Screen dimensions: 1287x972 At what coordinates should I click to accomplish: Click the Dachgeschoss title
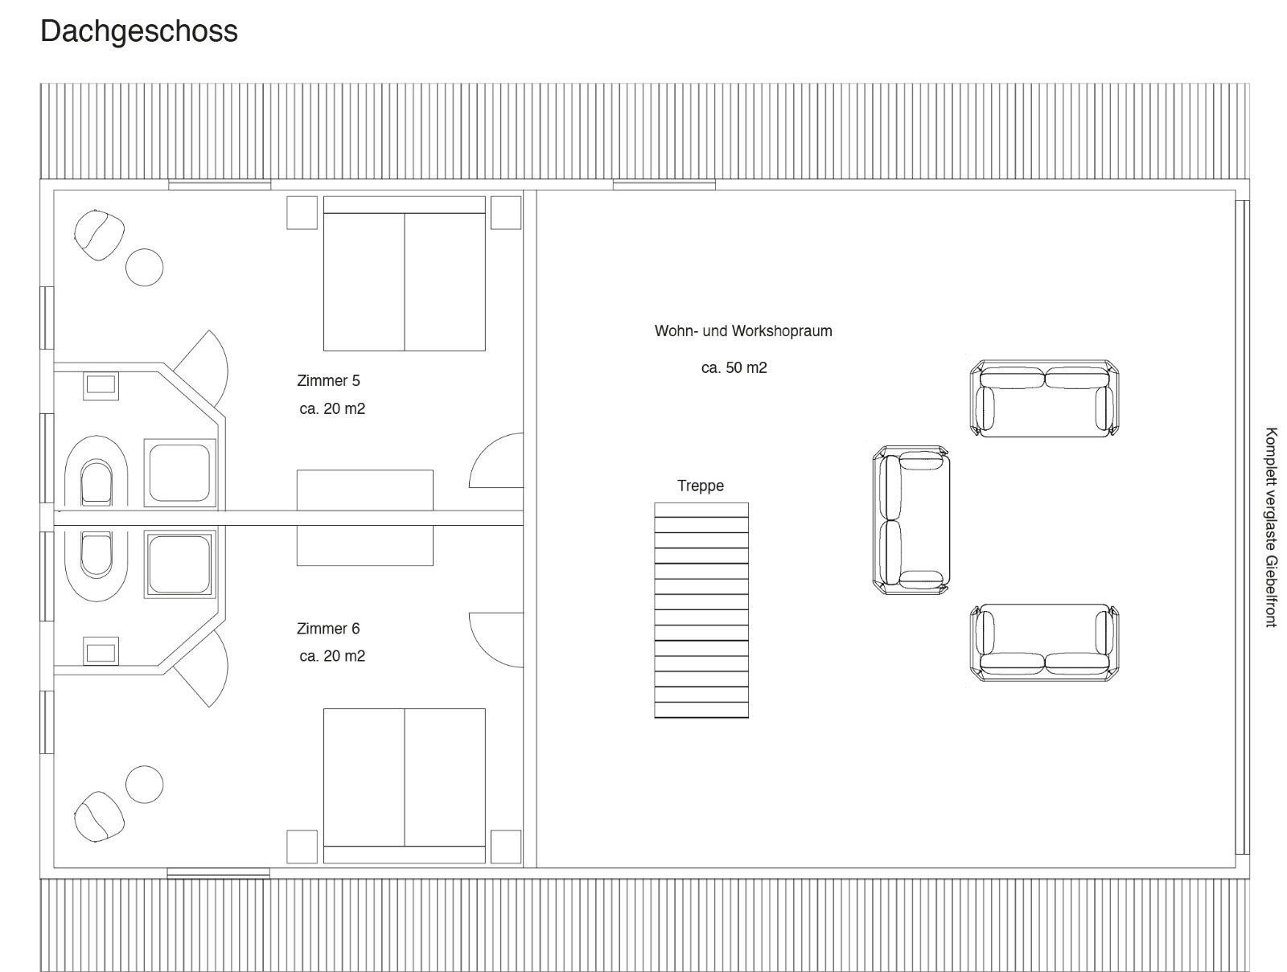pos(139,32)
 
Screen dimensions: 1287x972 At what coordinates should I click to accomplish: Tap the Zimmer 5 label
pos(328,381)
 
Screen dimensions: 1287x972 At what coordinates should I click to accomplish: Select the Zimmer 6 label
pos(328,629)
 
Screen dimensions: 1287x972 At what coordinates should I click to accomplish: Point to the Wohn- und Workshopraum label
pos(743,331)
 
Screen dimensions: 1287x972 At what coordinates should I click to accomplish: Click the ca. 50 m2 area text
pos(734,368)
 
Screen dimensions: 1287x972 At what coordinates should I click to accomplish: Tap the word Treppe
pos(701,486)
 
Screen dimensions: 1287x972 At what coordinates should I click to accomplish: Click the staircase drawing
pos(701,610)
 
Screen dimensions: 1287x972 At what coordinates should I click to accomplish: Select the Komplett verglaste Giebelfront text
pos(1271,527)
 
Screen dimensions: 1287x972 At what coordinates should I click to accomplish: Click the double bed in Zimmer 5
pos(405,273)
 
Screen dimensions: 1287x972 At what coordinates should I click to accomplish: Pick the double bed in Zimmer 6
pos(405,785)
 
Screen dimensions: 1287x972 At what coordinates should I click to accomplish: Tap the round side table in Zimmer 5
pos(144,267)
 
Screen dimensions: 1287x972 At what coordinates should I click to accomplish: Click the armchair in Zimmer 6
pos(99,817)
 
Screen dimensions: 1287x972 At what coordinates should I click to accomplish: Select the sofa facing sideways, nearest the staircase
pos(911,520)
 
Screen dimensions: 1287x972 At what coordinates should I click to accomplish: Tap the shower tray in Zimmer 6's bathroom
pos(179,564)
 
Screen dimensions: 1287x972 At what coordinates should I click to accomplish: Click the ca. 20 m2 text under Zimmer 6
pos(332,656)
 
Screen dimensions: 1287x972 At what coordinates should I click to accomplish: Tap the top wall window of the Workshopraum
pos(664,185)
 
